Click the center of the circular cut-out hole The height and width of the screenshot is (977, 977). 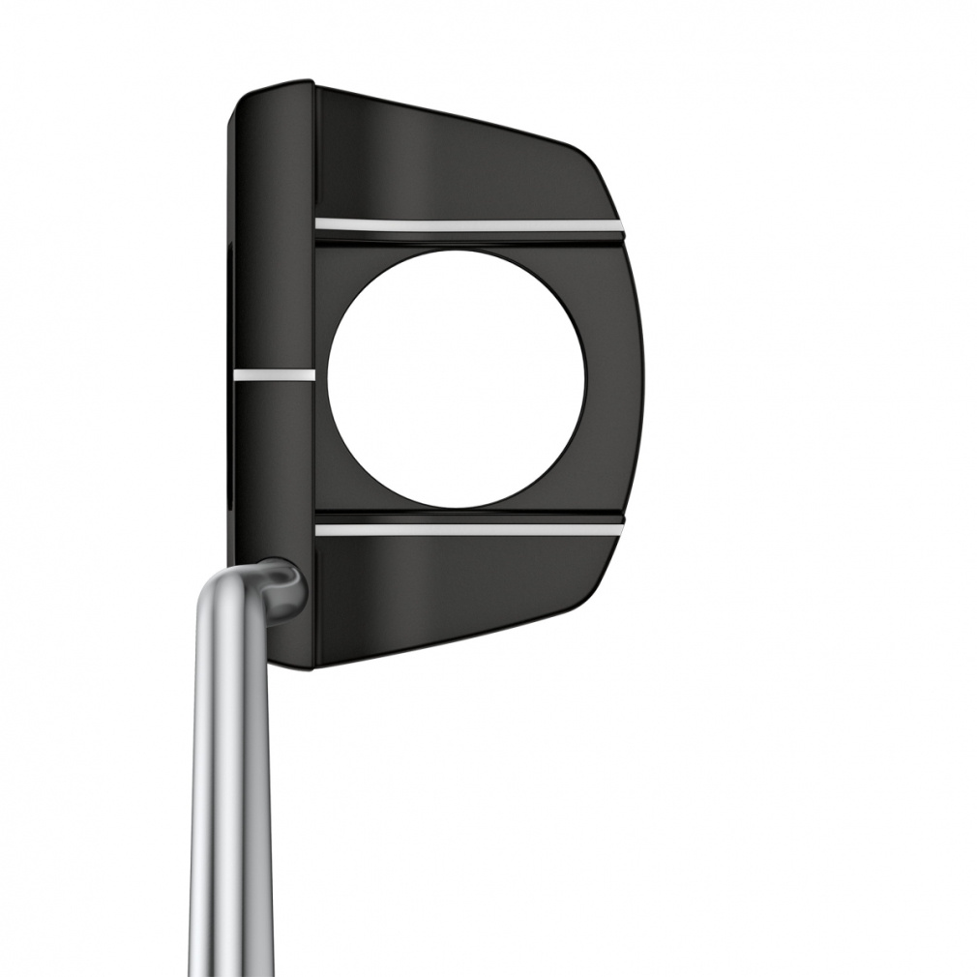tap(457, 379)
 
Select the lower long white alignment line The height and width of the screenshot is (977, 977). tap(464, 529)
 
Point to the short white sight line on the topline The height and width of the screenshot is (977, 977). tap(274, 371)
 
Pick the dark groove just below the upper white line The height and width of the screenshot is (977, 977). tap(464, 239)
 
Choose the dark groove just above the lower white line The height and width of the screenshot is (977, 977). tap(464, 517)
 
